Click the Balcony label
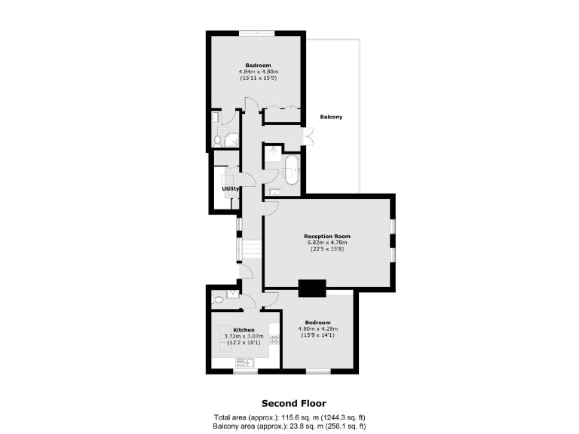[x=331, y=117]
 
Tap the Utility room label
[x=230, y=188]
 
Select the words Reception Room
[x=329, y=236]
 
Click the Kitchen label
[x=243, y=330]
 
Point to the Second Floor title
[x=293, y=403]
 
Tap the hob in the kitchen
[x=274, y=339]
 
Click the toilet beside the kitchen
[x=219, y=299]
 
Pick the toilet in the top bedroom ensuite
[x=218, y=140]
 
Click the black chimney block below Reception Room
[x=312, y=287]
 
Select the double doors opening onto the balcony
[x=308, y=136]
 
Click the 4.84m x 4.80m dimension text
[x=258, y=72]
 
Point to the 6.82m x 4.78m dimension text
[x=329, y=243]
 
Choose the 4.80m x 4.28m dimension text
[x=318, y=329]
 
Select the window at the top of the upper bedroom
[x=257, y=32]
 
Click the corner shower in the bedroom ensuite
[x=231, y=139]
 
